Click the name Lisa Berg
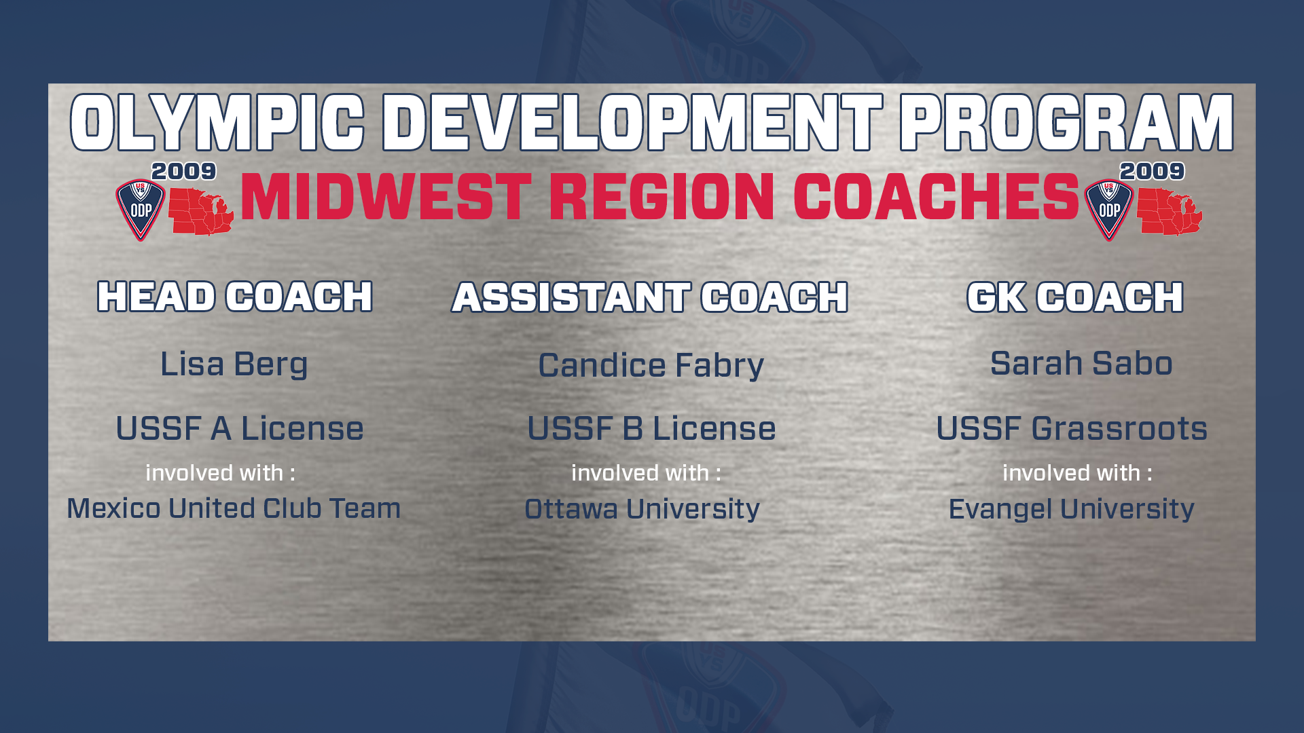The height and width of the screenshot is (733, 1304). [x=234, y=364]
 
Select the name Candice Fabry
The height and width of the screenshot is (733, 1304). [x=651, y=366]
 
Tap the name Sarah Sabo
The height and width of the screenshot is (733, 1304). [x=1081, y=363]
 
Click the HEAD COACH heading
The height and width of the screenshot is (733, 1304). [x=235, y=297]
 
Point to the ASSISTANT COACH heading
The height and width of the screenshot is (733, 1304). [x=650, y=297]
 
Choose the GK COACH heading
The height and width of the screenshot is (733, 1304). [x=1075, y=297]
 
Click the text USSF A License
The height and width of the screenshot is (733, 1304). [x=240, y=428]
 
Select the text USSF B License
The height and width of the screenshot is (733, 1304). [x=651, y=428]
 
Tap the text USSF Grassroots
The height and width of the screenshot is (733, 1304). [x=1072, y=428]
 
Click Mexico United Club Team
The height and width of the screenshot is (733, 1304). [x=234, y=508]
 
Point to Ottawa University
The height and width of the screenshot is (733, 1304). [x=642, y=509]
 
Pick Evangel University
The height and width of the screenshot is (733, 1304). [x=1071, y=509]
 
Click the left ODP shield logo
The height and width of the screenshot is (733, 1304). [x=141, y=209]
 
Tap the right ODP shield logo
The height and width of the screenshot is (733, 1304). [x=1109, y=209]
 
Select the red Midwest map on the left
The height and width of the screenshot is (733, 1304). [x=201, y=212]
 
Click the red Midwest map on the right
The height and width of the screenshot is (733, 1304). [x=1170, y=212]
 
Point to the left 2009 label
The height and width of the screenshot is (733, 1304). [x=183, y=171]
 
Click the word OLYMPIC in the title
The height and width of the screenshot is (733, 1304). [x=217, y=122]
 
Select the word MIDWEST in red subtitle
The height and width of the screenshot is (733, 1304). [x=386, y=197]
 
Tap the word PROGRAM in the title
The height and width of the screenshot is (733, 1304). [x=1066, y=122]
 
